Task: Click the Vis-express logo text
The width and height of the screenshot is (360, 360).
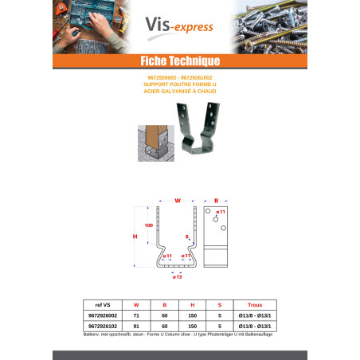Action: pyautogui.click(x=179, y=27)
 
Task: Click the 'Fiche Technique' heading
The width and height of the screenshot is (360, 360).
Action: pyautogui.click(x=180, y=61)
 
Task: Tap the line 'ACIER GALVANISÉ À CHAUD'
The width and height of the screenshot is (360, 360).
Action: pyautogui.click(x=180, y=91)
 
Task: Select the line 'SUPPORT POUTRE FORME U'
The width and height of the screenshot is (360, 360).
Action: pyautogui.click(x=180, y=84)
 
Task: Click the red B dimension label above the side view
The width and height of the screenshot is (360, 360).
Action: pyautogui.click(x=216, y=201)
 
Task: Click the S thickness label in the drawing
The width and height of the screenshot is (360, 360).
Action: pyautogui.click(x=186, y=237)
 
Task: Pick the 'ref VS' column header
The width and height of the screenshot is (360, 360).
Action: pyautogui.click(x=104, y=304)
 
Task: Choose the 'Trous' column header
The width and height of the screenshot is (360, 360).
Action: pyautogui.click(x=254, y=304)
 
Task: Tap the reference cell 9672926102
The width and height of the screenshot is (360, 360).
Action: pyautogui.click(x=104, y=326)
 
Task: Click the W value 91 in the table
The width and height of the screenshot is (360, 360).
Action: pyautogui.click(x=137, y=326)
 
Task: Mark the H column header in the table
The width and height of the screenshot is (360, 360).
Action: pyautogui.click(x=192, y=304)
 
